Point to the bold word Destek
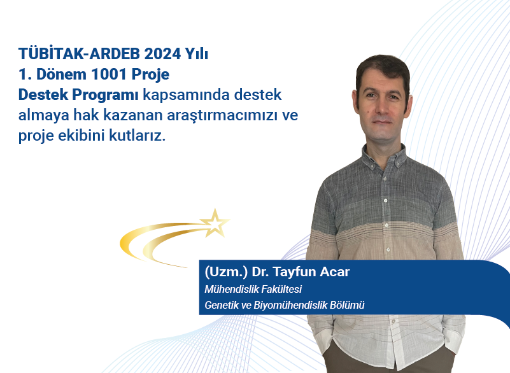click(41, 95)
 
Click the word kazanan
click(129, 116)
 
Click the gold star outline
click(214, 222)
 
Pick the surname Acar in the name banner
click(334, 272)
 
